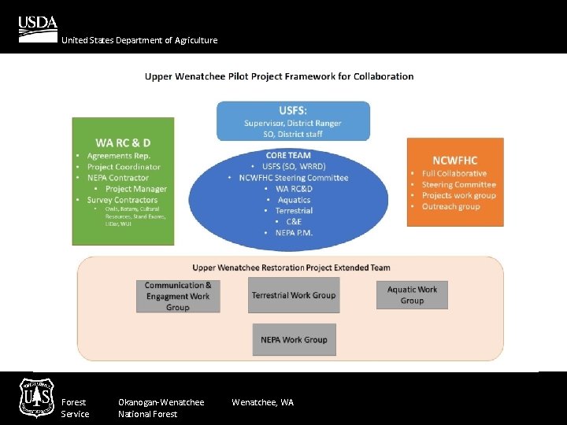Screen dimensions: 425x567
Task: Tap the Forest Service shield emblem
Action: point(37,397)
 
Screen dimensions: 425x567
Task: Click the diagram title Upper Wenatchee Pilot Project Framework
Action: point(279,76)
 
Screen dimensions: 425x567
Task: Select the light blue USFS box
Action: point(293,121)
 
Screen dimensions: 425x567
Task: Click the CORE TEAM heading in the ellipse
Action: point(288,155)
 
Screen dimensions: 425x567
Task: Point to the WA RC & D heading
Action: point(123,142)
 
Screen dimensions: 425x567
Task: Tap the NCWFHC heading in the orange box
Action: point(454,160)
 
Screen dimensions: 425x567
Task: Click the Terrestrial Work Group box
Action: point(294,295)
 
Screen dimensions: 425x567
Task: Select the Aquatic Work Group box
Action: point(412,294)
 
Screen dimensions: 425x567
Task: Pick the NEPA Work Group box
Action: point(294,339)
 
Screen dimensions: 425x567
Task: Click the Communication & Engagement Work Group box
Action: point(178,296)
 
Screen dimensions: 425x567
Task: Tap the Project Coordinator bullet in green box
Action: point(124,167)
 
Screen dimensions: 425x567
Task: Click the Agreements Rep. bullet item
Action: point(118,156)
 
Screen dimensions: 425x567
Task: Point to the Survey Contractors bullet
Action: point(122,200)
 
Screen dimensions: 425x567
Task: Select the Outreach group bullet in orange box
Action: point(450,206)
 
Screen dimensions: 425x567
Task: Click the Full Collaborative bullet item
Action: point(454,173)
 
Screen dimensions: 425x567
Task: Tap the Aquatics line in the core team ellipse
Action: point(294,200)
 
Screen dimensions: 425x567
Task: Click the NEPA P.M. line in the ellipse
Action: point(294,233)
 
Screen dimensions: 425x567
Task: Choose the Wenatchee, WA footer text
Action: point(262,402)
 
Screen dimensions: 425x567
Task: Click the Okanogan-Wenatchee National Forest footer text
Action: point(161,408)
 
